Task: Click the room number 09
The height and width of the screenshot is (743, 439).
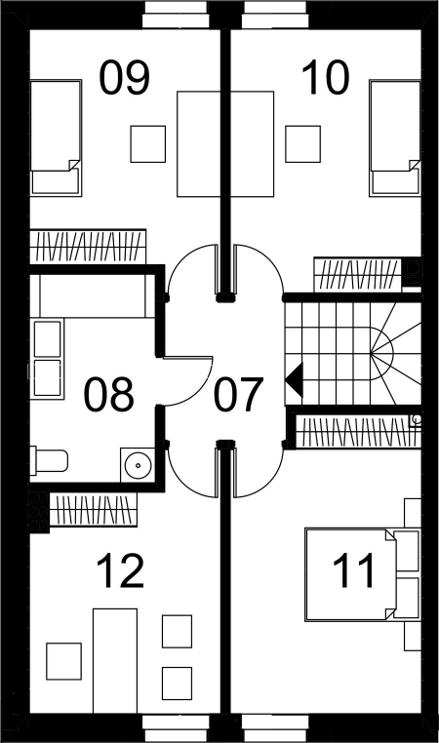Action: pyautogui.click(x=124, y=78)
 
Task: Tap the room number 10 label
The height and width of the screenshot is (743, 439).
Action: pyautogui.click(x=325, y=78)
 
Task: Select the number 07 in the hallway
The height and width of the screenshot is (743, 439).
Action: pyautogui.click(x=238, y=394)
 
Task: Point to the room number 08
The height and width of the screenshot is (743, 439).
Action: pyautogui.click(x=108, y=394)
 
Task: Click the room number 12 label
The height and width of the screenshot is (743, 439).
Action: pyautogui.click(x=120, y=571)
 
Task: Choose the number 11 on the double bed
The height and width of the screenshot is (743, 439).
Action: pyautogui.click(x=353, y=571)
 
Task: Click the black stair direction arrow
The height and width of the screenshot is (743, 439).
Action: pyautogui.click(x=294, y=379)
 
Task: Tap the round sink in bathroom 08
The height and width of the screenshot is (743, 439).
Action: pyautogui.click(x=138, y=465)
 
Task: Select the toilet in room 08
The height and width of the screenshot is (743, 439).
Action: pyautogui.click(x=49, y=460)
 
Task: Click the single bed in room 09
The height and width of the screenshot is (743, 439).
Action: pyautogui.click(x=56, y=137)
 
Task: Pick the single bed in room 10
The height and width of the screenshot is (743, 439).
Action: pyautogui.click(x=395, y=138)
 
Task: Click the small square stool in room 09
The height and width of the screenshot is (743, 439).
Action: pyautogui.click(x=148, y=144)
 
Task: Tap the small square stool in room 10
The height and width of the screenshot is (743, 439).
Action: pyautogui.click(x=303, y=144)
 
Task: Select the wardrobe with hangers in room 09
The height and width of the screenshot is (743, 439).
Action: pyautogui.click(x=88, y=247)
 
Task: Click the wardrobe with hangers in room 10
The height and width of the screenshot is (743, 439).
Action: pyautogui.click(x=358, y=275)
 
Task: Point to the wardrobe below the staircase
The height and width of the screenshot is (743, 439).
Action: pyautogui.click(x=358, y=431)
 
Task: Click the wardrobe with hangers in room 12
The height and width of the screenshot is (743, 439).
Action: pyautogui.click(x=93, y=509)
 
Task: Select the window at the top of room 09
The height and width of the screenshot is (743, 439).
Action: pyautogui.click(x=176, y=15)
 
